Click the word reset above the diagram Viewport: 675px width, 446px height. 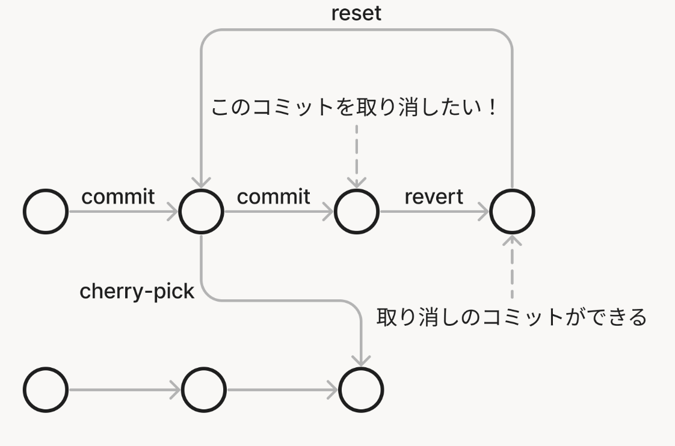pyautogui.click(x=356, y=13)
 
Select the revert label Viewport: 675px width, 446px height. pyautogui.click(x=434, y=197)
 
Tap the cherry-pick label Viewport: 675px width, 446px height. pyautogui.click(x=137, y=292)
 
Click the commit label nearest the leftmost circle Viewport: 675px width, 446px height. pyautogui.click(x=118, y=197)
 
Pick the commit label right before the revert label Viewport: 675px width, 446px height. pyautogui.click(x=274, y=197)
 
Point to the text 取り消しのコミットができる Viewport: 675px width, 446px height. pyautogui.click(x=511, y=316)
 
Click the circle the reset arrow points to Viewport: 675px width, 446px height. pyautogui.click(x=201, y=212)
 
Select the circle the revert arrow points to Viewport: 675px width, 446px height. pyautogui.click(x=512, y=212)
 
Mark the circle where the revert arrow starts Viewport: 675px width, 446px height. pyautogui.click(x=357, y=212)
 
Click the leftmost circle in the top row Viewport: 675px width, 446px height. pyautogui.click(x=46, y=212)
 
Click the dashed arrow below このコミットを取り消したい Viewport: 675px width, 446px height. pyautogui.click(x=357, y=153)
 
